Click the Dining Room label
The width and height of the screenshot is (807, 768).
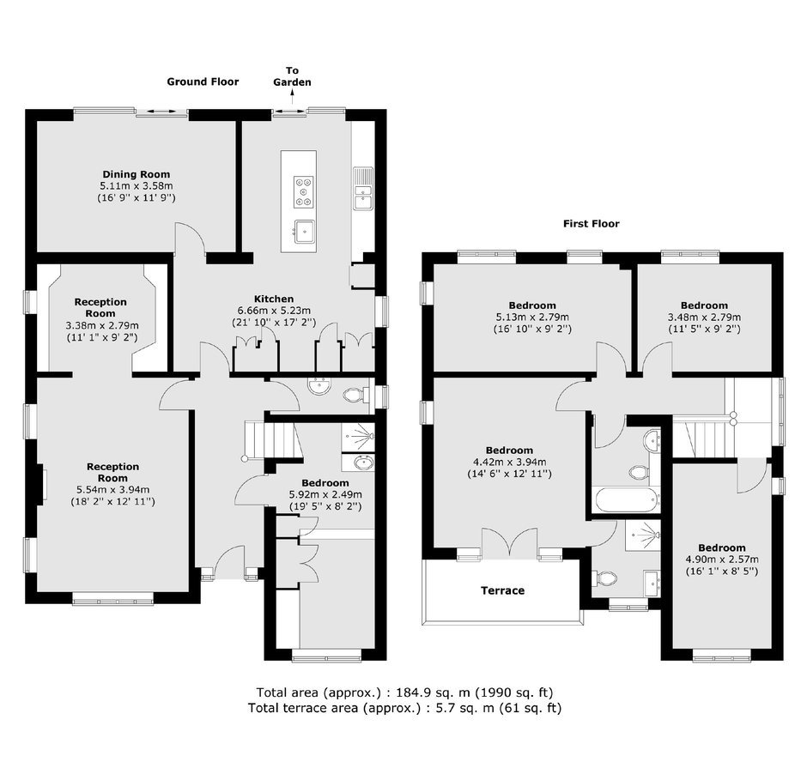[x=137, y=174]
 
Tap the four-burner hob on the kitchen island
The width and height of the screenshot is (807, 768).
[x=304, y=192]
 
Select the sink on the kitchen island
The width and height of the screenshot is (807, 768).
[x=304, y=231]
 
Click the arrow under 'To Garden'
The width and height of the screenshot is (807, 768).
[x=293, y=97]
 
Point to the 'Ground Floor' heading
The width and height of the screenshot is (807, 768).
[x=203, y=82]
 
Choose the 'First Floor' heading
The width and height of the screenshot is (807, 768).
[x=592, y=224]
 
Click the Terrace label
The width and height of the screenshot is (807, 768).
[x=503, y=590]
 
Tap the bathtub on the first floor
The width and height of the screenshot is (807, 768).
[x=627, y=499]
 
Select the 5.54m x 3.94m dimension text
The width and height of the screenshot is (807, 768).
[x=112, y=490]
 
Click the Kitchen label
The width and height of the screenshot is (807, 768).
[x=274, y=299]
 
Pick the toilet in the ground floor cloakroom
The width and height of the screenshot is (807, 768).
[x=355, y=395]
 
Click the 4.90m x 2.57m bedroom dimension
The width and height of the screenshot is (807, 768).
[x=721, y=559]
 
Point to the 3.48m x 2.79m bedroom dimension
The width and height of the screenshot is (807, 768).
[x=704, y=317]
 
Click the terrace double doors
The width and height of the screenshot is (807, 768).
[x=510, y=544]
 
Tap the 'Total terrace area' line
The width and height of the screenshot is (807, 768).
[x=404, y=708]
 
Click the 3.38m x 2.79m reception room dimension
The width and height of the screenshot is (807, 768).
[x=102, y=325]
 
